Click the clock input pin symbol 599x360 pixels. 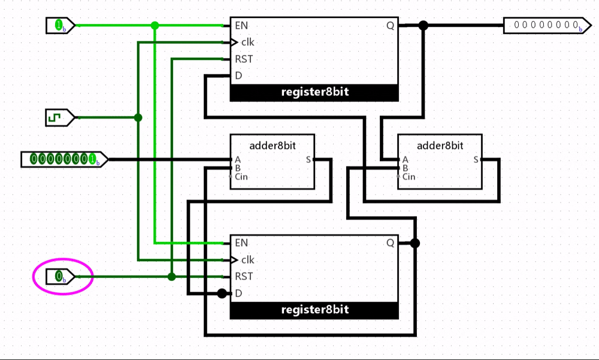tap(60, 118)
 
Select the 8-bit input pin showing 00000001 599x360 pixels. tap(64, 159)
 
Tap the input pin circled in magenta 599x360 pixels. tap(60, 276)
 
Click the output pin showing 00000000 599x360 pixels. tap(547, 26)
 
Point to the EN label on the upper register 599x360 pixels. tap(241, 26)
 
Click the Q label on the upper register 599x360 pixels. tap(390, 26)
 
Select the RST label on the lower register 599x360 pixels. tap(244, 276)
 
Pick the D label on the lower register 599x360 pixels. tap(239, 293)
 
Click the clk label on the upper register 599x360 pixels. tap(247, 42)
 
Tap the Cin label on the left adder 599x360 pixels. tap(241, 177)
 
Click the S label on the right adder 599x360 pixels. tap(476, 160)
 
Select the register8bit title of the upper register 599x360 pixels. tap(315, 92)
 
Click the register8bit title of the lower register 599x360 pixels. tap(315, 310)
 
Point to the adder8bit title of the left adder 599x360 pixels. tap(273, 146)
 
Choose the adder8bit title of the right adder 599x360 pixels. tap(440, 146)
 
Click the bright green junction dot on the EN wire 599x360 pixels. tap(155, 26)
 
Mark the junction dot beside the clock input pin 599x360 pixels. tap(138, 118)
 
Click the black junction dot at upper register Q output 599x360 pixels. tap(423, 26)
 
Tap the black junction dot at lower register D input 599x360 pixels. tap(222, 293)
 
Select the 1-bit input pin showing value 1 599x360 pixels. tap(60, 26)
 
